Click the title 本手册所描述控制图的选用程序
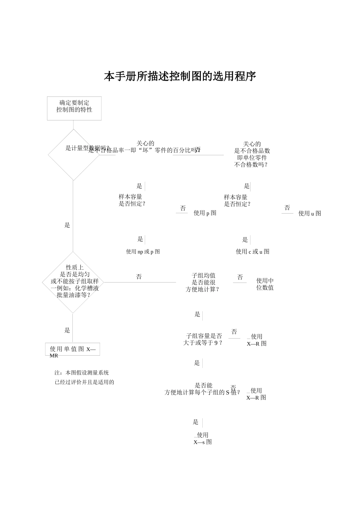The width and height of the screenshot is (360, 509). (180, 77)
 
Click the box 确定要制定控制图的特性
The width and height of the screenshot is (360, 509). (74, 108)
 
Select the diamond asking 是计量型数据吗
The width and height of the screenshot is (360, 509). (74, 155)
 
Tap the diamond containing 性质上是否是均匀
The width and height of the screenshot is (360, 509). (73, 282)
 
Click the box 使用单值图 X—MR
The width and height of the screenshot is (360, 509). (73, 350)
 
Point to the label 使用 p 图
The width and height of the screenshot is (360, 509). (205, 213)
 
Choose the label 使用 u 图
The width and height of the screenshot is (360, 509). (310, 214)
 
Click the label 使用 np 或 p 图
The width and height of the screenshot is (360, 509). (143, 252)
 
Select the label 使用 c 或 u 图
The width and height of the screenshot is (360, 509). (252, 252)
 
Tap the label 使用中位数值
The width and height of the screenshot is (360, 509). (265, 284)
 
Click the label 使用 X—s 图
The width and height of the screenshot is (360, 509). (203, 439)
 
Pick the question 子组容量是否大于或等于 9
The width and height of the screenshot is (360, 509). (203, 339)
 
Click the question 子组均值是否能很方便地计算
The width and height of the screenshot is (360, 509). (203, 283)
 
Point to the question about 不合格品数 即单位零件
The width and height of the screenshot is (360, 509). (252, 154)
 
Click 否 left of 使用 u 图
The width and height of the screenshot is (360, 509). (287, 208)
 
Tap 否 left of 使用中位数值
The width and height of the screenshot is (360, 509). (240, 278)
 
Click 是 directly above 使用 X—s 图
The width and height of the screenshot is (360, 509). (196, 422)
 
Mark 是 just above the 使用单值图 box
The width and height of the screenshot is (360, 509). (67, 331)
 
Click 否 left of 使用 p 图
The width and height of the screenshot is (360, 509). (183, 209)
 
